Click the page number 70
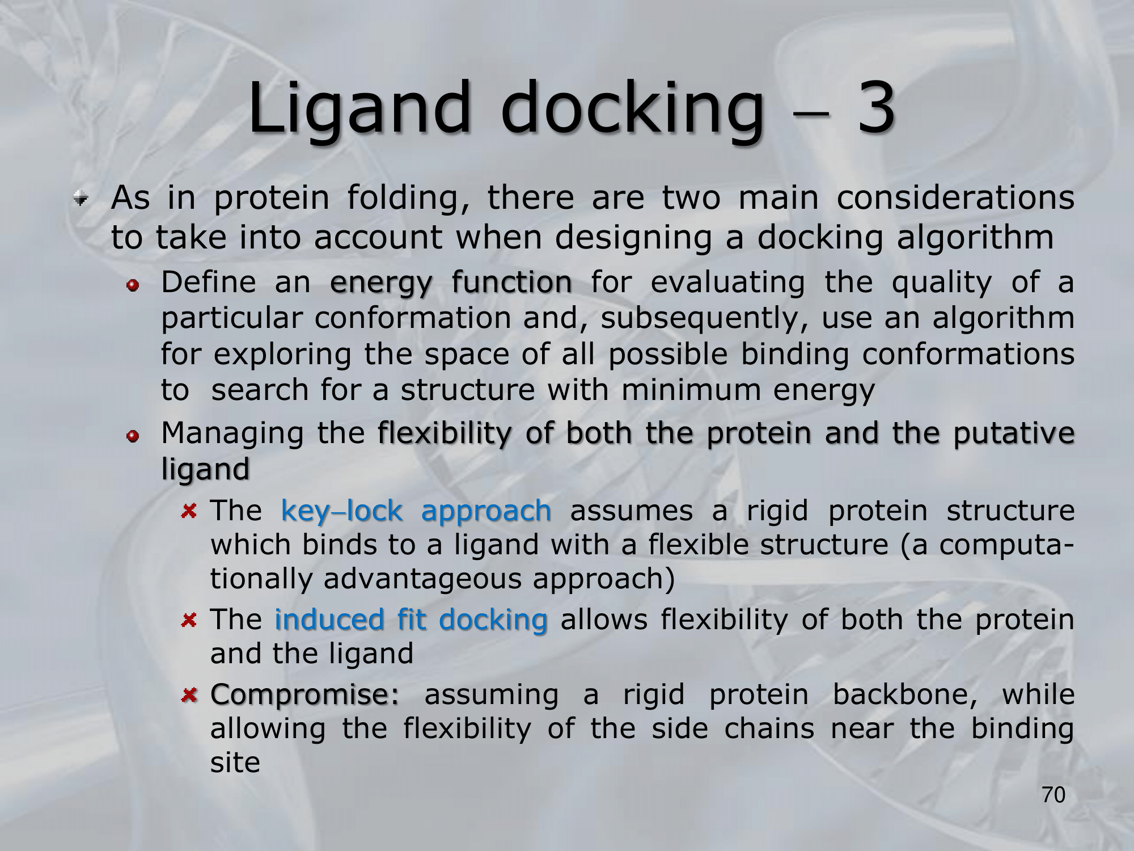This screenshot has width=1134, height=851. pos(1053,795)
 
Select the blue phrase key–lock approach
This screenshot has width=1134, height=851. pos(416,511)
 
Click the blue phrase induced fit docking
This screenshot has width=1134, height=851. pos(411,619)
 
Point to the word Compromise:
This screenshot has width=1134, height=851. pos(305,695)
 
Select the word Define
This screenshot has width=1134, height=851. pos(209,282)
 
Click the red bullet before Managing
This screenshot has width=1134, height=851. pos(133,436)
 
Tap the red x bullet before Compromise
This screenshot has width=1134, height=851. pos(189,694)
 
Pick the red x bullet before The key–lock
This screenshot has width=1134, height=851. pos(189,512)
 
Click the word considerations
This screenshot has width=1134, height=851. pos(955,198)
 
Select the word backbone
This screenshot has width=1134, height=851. pos(905,694)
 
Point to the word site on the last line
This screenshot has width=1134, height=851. pos(235,762)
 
